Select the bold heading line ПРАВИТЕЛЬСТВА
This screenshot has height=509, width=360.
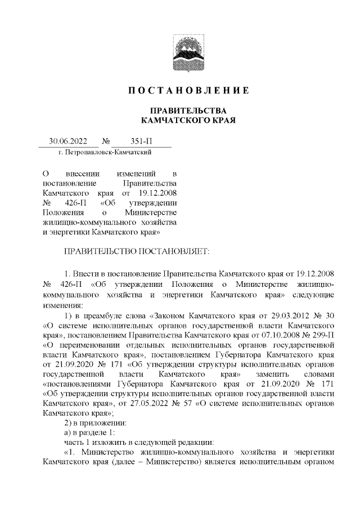186,110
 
